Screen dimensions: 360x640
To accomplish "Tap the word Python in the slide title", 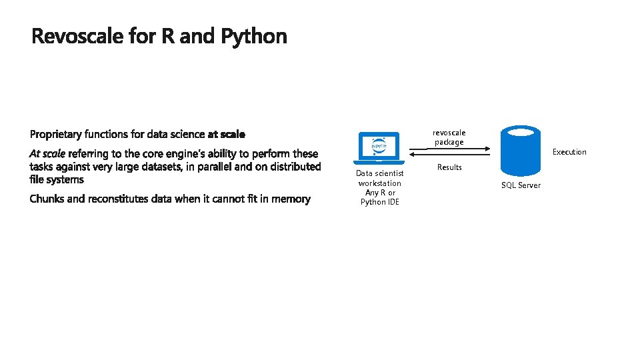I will pyautogui.click(x=253, y=37).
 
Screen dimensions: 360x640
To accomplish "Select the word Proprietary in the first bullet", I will pyautogui.click(x=56, y=135).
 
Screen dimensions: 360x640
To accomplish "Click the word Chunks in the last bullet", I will pyautogui.click(x=47, y=199).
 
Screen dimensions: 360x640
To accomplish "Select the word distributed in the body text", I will pyautogui.click(x=295, y=167).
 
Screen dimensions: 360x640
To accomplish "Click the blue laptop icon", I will pyautogui.click(x=379, y=148).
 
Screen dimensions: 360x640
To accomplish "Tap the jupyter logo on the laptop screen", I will pyautogui.click(x=379, y=145).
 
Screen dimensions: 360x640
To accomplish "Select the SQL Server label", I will pyautogui.click(x=521, y=185).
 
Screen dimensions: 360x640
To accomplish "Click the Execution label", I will pyautogui.click(x=569, y=152).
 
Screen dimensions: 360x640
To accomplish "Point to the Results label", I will pyautogui.click(x=449, y=167).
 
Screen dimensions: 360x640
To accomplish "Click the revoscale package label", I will pyautogui.click(x=449, y=137).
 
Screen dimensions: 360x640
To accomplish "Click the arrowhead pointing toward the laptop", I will pyautogui.click(x=411, y=157).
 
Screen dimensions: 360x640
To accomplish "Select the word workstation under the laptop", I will pyautogui.click(x=380, y=183).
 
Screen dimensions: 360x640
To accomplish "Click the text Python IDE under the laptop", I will pyautogui.click(x=380, y=202).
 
